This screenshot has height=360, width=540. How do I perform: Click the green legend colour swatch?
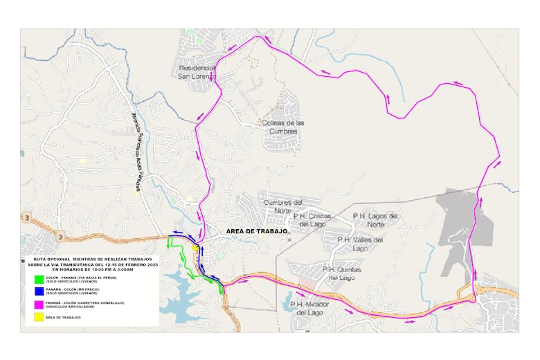point(39,280)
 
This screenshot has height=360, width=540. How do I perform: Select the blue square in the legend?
point(39,292)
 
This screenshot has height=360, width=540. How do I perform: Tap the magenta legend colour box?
point(39,305)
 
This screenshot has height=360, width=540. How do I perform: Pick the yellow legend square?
point(39,317)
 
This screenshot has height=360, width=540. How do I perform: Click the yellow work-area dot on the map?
point(196,248)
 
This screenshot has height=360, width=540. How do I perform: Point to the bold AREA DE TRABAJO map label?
point(257,231)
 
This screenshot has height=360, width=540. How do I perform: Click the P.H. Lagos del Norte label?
point(376,220)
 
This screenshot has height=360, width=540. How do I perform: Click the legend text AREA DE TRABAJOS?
point(63,317)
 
